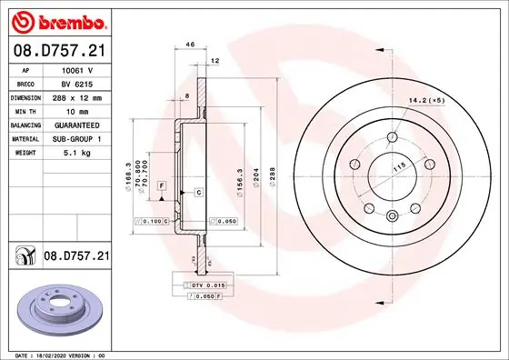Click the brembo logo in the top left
(57, 18)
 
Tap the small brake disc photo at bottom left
(55, 308)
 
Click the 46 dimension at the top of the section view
(190, 44)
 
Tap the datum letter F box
(161, 185)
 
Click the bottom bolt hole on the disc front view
(391, 215)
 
